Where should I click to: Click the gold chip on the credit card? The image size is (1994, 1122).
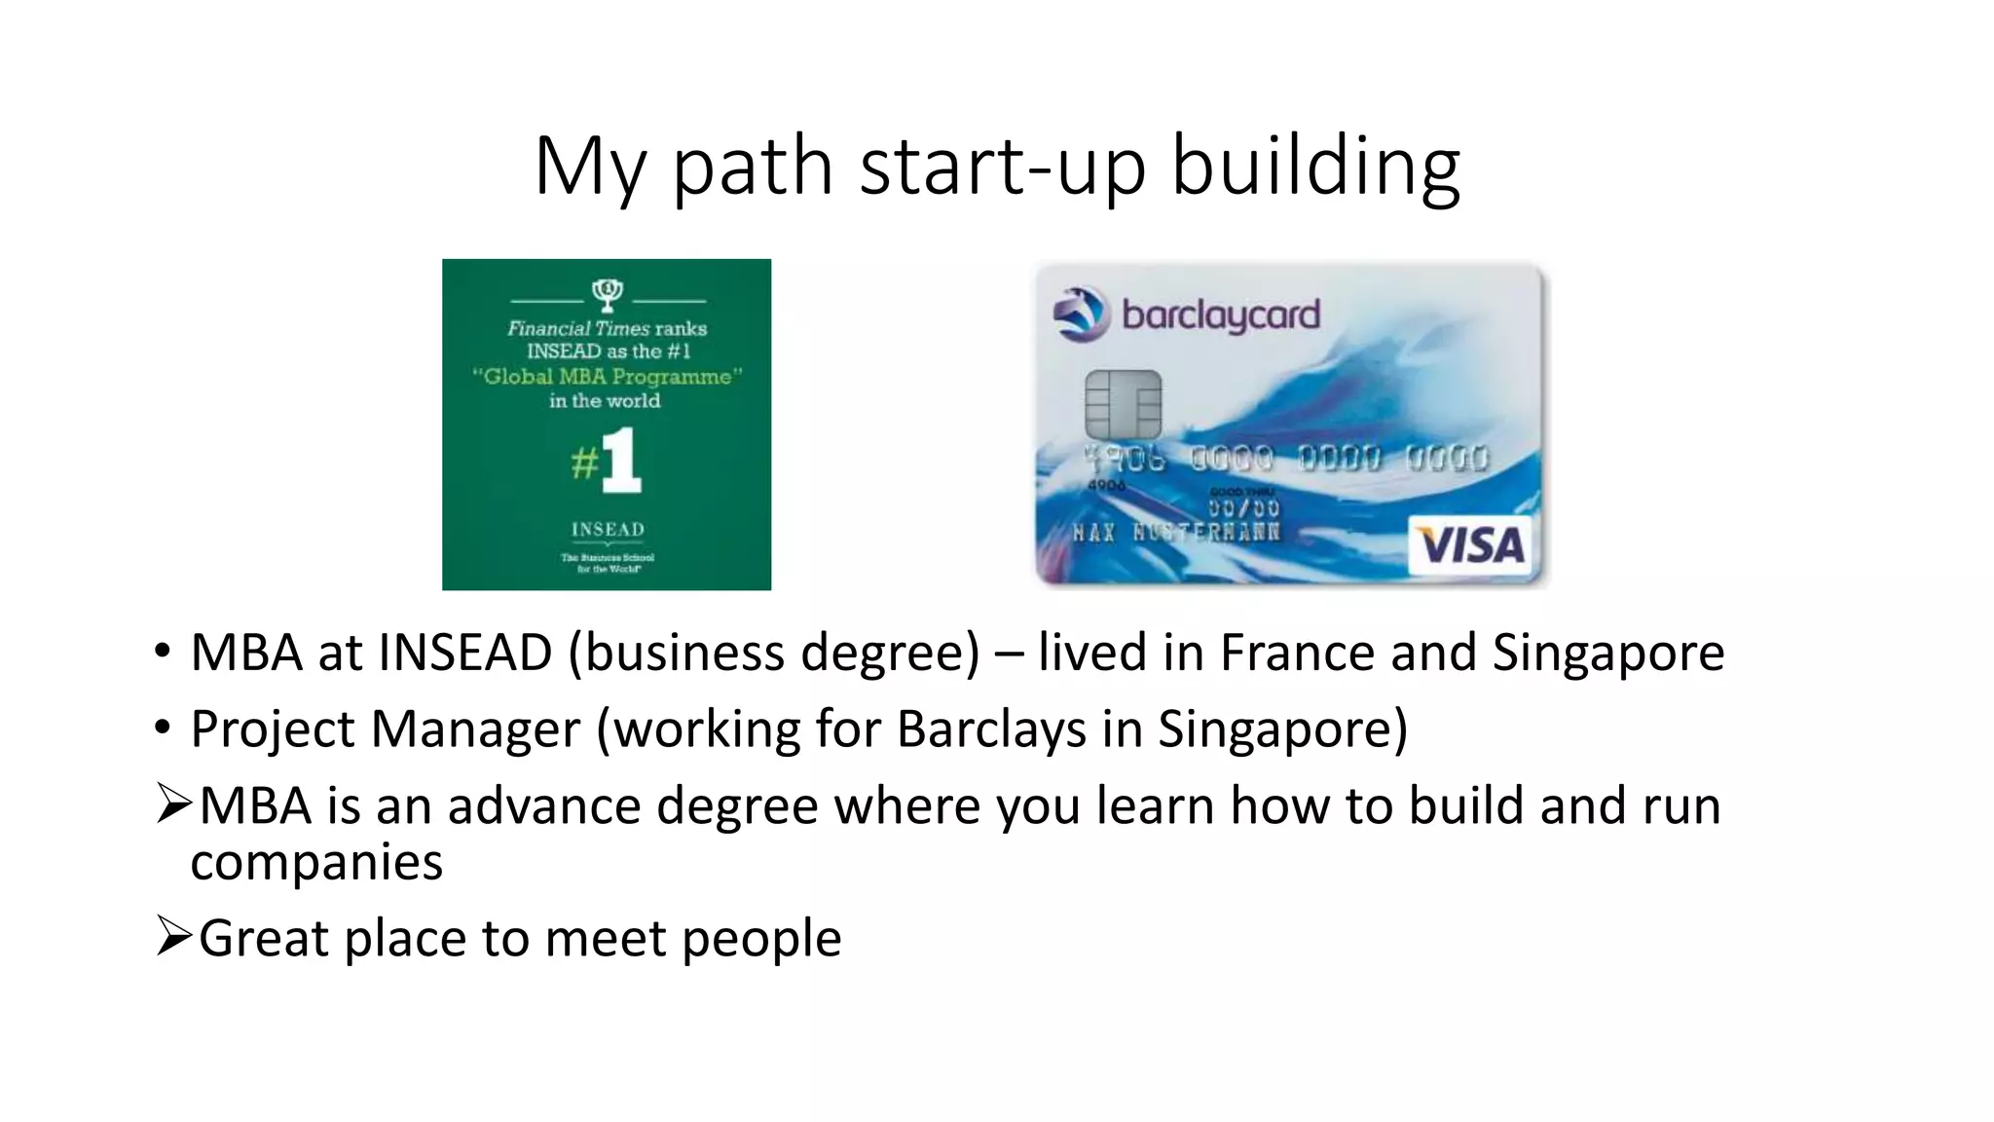coord(1123,404)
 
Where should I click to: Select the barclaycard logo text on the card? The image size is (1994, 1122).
coord(1221,316)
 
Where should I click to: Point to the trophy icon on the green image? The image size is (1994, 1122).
coord(607,292)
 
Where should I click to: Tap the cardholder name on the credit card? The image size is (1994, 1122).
coord(1176,533)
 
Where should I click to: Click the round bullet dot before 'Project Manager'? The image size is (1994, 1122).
coord(162,728)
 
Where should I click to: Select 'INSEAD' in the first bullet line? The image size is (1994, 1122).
coord(465,653)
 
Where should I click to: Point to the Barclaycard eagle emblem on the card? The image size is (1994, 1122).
coord(1081,315)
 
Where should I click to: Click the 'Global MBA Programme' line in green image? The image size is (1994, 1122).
coord(607,377)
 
